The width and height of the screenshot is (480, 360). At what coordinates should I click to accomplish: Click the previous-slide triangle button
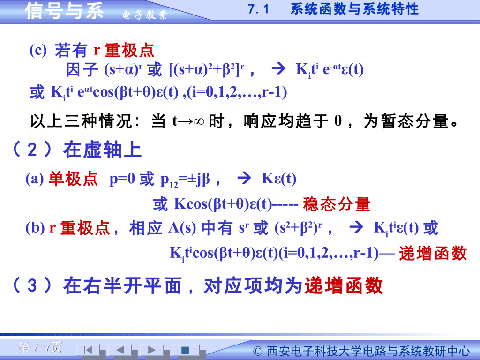pos(120,350)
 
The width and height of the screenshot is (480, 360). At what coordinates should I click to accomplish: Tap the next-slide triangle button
pos(151,350)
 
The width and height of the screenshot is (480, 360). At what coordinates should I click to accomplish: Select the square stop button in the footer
pos(185,350)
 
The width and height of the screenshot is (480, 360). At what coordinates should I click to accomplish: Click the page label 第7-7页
pos(40,347)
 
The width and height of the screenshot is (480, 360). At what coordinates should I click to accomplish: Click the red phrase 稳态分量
pos(337,204)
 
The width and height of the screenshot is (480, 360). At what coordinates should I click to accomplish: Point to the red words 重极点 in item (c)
pos(129,50)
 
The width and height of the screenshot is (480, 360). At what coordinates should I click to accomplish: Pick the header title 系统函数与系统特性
pos(354,9)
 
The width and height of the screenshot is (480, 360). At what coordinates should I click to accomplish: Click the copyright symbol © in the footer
pos(258,351)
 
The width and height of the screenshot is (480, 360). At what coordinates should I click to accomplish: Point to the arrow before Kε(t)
pos(245,179)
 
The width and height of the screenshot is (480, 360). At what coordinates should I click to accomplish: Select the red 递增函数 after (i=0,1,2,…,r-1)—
pos(433,253)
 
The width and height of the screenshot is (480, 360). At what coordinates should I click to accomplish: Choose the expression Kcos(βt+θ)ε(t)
pos(223,204)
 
